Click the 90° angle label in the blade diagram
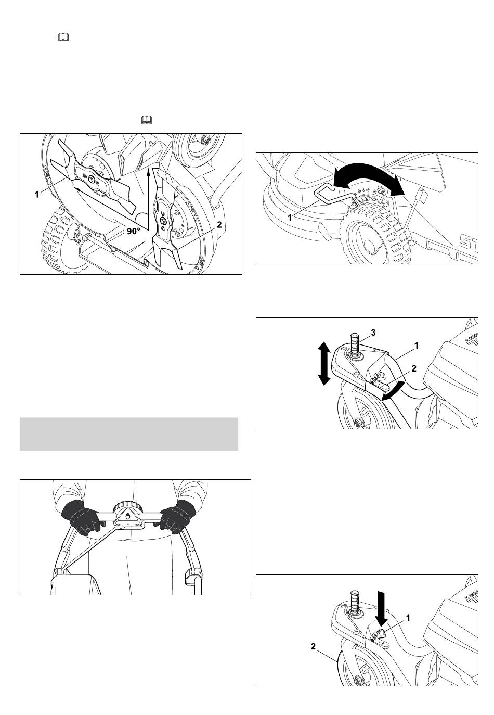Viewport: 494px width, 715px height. (133, 231)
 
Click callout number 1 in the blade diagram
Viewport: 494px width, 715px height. (37, 194)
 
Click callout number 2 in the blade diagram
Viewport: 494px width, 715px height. (219, 225)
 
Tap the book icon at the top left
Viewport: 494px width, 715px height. (63, 37)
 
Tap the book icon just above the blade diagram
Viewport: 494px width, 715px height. (147, 120)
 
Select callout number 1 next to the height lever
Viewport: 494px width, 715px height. (290, 218)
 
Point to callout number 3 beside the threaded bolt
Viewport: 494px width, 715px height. (373, 333)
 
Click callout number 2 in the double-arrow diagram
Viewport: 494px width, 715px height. (414, 368)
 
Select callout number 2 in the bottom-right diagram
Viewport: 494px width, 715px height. (313, 647)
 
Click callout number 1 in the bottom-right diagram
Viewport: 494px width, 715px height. (408, 619)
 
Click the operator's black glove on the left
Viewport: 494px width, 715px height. (83, 518)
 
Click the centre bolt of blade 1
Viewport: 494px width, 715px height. (92, 180)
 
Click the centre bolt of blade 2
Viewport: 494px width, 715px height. (163, 220)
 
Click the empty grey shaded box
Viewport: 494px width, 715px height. (129, 434)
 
